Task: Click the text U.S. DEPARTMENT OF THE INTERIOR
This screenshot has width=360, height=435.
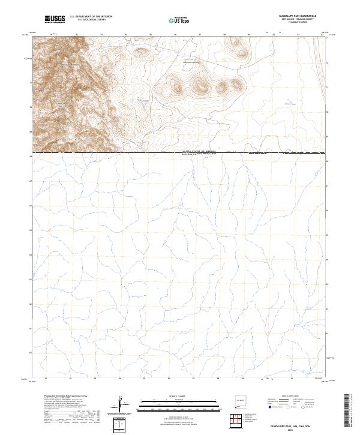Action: (91, 17)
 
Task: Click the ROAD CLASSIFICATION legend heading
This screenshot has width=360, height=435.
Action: (291, 397)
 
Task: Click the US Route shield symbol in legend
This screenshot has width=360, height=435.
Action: (289, 407)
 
